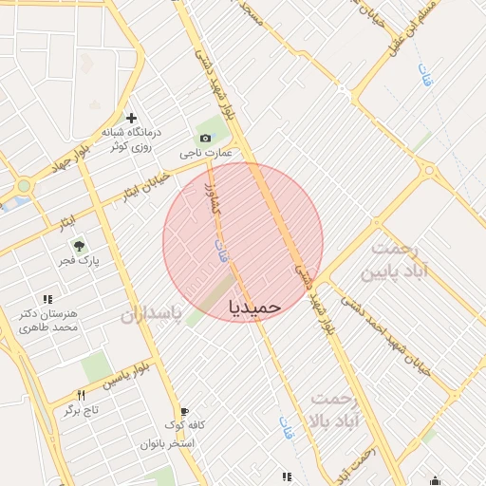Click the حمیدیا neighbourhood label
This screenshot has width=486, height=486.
pyautogui.click(x=255, y=307)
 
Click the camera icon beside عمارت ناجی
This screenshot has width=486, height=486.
pyautogui.click(x=206, y=138)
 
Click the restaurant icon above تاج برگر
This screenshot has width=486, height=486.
pyautogui.click(x=81, y=396)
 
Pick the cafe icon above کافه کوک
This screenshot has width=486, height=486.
pyautogui.click(x=183, y=411)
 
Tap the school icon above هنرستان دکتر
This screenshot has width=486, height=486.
pyautogui.click(x=48, y=299)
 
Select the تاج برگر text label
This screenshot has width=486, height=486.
pyautogui.click(x=83, y=410)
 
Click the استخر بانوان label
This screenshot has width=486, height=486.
pyautogui.click(x=167, y=443)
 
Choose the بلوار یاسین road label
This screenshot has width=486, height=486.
pyautogui.click(x=128, y=377)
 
